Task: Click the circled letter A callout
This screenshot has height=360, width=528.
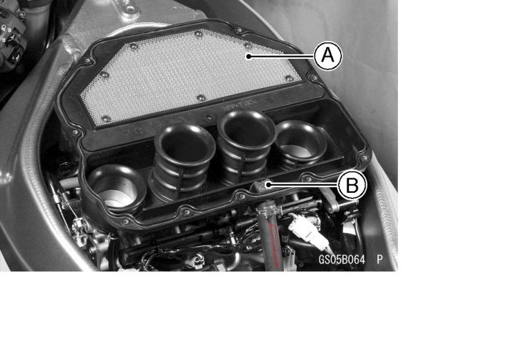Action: pos(328,55)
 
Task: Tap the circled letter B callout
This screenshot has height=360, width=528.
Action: pos(352,185)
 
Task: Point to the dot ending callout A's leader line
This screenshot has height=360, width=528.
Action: pos(248,56)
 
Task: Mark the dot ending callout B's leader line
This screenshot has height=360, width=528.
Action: pos(267,184)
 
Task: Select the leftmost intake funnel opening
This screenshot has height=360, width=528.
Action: pos(117,190)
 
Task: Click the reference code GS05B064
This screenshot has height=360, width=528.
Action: pos(342,260)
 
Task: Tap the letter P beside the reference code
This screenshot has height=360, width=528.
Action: pos(380,260)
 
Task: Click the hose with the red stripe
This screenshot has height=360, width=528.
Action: pos(269,236)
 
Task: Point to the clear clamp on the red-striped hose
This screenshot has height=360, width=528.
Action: pos(269,211)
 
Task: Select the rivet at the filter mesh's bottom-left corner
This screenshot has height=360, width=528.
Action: pos(106,119)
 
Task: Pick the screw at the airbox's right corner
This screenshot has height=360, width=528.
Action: pos(364,157)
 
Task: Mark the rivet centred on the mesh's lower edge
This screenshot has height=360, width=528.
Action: pos(201,98)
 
